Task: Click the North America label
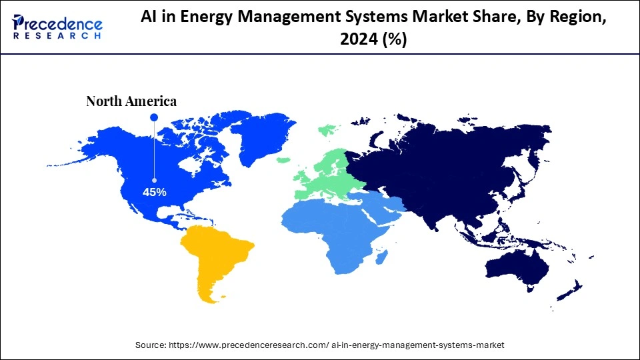pos(131,101)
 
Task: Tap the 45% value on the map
pos(154,192)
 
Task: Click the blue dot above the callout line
pos(154,117)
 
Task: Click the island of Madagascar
pos(381,256)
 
